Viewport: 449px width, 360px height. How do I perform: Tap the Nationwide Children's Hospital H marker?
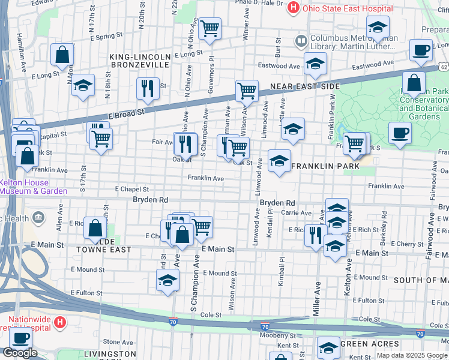pyautogui.click(x=59, y=323)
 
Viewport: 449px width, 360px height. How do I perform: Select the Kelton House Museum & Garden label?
pyautogui.click(x=33, y=187)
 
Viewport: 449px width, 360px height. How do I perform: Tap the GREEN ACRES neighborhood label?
pyautogui.click(x=366, y=344)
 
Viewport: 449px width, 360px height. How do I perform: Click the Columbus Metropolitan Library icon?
pyautogui.click(x=301, y=42)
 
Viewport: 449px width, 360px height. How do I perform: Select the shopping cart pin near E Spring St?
pyautogui.click(x=209, y=28)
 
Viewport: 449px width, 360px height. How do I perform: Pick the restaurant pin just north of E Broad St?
pyautogui.click(x=147, y=88)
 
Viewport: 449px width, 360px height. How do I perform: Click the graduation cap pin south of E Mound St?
pyautogui.click(x=167, y=280)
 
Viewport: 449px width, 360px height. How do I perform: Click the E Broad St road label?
pyautogui.click(x=127, y=112)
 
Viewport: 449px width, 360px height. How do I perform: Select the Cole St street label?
pyautogui.click(x=211, y=314)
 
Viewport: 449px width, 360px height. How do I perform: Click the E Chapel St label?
pyautogui.click(x=131, y=188)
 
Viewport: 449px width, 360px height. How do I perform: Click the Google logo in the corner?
pyautogui.click(x=20, y=353)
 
